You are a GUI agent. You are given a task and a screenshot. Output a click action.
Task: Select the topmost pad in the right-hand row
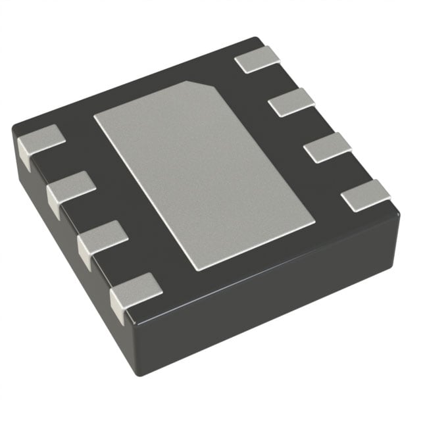pos(257,60)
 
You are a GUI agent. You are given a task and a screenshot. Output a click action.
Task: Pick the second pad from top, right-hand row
pos(292,102)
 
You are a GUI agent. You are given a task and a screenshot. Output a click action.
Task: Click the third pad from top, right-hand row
pos(328,147)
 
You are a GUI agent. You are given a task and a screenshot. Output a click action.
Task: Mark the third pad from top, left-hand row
pos(103,236)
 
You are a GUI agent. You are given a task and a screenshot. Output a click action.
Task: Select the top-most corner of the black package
pos(255,39)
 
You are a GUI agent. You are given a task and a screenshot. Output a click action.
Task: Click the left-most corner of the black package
pos(14,135)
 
